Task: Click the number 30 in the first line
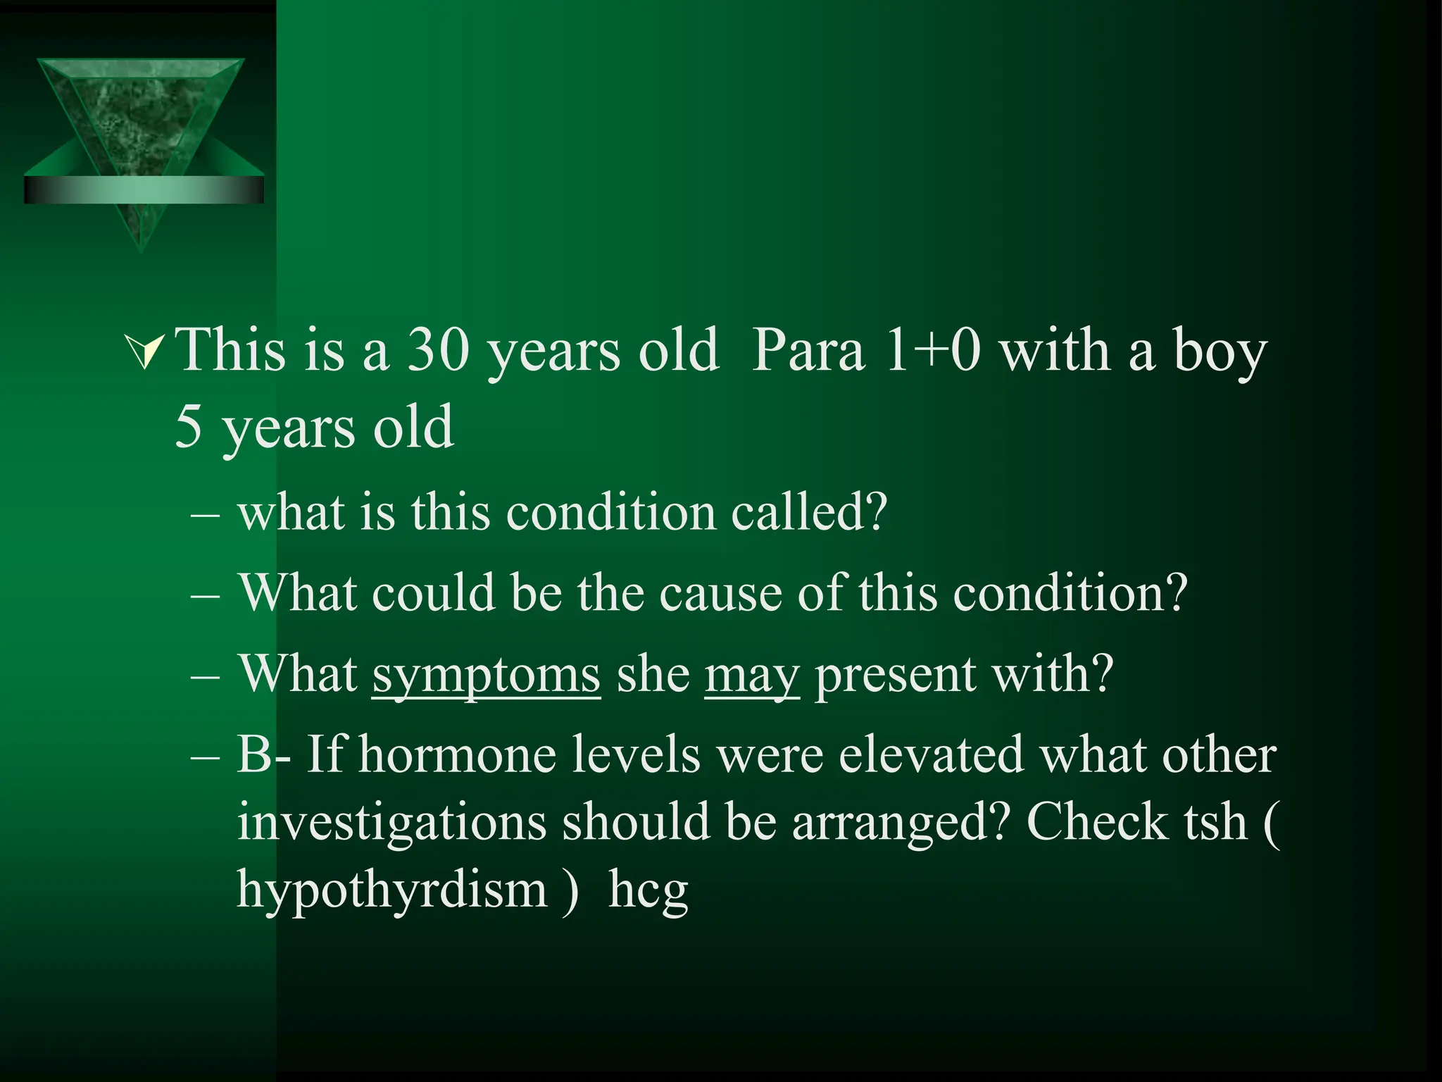438,350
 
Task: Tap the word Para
808,350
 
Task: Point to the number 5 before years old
188,428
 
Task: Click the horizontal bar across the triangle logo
144,190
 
